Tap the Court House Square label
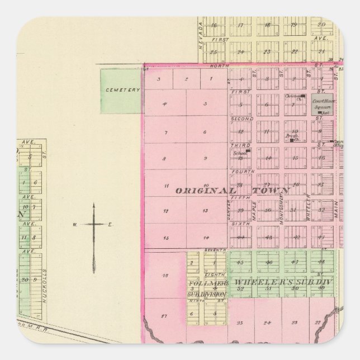point(323,103)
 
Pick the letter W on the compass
point(73,225)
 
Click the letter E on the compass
point(110,225)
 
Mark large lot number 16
point(164,276)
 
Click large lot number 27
point(163,316)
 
